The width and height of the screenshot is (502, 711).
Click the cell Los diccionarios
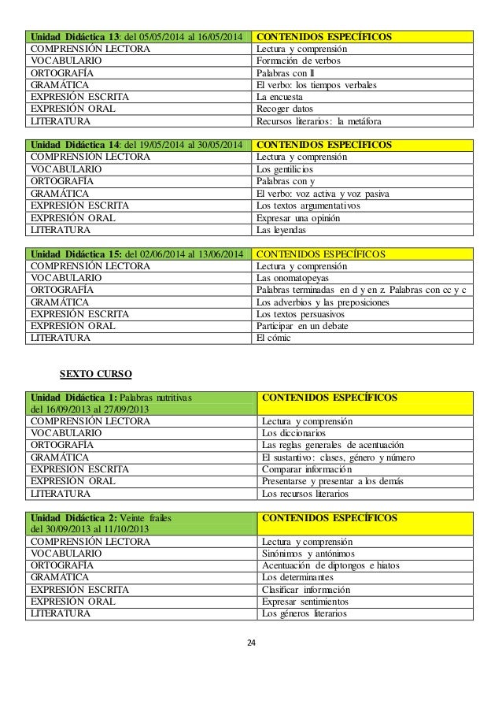pyautogui.click(x=365, y=433)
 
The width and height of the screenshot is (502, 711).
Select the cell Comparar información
pyautogui.click(x=365, y=470)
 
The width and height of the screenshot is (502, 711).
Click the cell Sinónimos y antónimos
pyautogui.click(x=365, y=554)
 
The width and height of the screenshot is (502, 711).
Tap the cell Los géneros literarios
pyautogui.click(x=365, y=614)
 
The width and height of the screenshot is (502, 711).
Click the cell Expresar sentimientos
pyautogui.click(x=365, y=602)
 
